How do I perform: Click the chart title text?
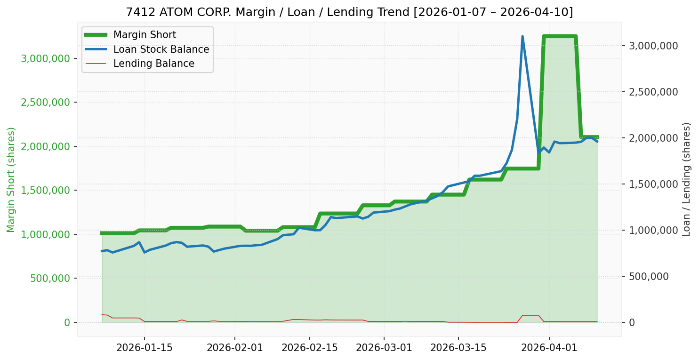(349, 12)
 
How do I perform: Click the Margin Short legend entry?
(145, 35)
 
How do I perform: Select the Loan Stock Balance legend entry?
(161, 49)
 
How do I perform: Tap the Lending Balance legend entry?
(153, 64)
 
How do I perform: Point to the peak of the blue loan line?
(522, 37)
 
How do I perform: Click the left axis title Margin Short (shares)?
(11, 179)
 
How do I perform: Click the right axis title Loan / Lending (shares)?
(687, 179)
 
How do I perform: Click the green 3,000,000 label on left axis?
(45, 58)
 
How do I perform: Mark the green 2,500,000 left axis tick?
(45, 102)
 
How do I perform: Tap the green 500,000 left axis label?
(50, 278)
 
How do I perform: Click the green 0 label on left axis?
(67, 322)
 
